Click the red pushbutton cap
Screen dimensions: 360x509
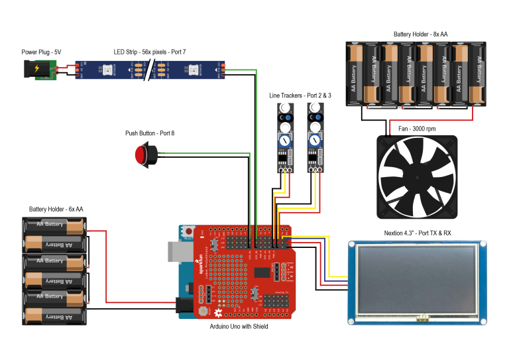(141, 155)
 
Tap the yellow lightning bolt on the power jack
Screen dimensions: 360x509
(36, 68)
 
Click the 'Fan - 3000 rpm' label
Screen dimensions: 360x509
(417, 129)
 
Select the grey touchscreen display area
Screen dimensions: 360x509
(417, 280)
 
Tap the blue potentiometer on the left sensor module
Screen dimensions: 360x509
(284, 141)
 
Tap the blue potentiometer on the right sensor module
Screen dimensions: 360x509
(315, 140)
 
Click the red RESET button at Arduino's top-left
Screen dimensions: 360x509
(188, 233)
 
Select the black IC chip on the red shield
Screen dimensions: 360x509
(262, 272)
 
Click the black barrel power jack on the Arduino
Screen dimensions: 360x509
(185, 305)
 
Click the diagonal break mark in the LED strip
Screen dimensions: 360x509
(150, 70)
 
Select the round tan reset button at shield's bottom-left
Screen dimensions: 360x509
(202, 310)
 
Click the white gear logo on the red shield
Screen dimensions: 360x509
(218, 312)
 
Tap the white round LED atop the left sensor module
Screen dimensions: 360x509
(285, 108)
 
